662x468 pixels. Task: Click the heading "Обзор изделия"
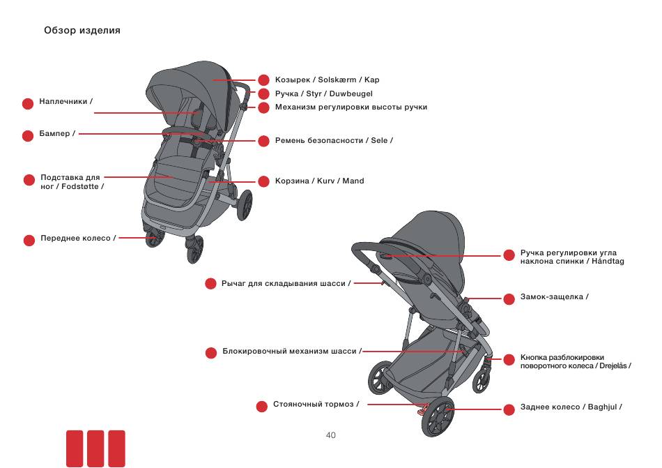(x=82, y=31)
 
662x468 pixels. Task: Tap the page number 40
(x=330, y=435)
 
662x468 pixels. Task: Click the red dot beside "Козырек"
(x=263, y=80)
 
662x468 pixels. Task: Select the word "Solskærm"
(x=337, y=80)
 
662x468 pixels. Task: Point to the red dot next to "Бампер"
(x=28, y=135)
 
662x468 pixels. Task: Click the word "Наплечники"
(x=63, y=101)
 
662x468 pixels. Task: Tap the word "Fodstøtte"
(x=80, y=186)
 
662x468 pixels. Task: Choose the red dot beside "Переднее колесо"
(x=29, y=241)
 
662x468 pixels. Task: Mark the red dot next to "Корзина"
(x=263, y=181)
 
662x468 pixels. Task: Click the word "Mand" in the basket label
(x=353, y=181)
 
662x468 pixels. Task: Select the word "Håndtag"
(x=608, y=261)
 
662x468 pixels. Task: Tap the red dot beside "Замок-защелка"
(x=509, y=299)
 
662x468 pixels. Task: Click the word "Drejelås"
(x=613, y=365)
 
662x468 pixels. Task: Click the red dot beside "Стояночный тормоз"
(x=262, y=407)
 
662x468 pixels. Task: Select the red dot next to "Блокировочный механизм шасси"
(x=210, y=353)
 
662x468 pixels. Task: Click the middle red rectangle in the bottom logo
(x=95, y=448)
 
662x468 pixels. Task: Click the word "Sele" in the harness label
(x=379, y=140)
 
